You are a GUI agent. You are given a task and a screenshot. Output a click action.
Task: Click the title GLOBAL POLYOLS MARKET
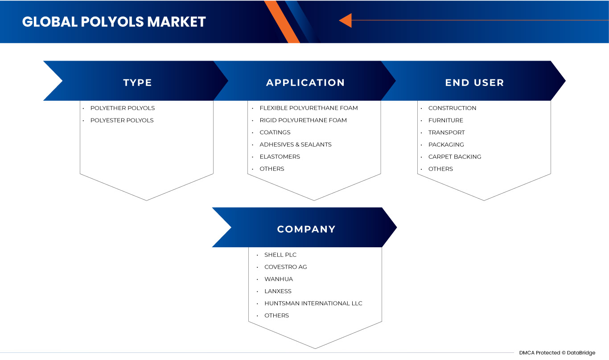click(114, 22)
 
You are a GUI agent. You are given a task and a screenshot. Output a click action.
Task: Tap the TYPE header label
click(138, 82)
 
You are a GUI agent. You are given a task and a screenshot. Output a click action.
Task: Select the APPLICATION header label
click(305, 82)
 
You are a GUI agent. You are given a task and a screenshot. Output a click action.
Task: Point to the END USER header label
click(474, 82)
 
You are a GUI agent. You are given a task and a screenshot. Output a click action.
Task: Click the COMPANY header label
click(306, 229)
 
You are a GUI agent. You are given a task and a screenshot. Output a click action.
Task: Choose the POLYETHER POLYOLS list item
click(123, 108)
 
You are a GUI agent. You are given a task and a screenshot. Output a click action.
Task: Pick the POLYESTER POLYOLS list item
click(122, 120)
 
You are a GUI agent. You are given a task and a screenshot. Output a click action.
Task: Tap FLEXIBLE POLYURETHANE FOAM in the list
click(309, 108)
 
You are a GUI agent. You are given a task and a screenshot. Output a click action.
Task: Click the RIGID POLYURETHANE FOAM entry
click(303, 120)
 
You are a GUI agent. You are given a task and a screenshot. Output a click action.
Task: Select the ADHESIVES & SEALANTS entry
click(296, 144)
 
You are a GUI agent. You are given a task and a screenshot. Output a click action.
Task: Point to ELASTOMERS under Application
click(280, 157)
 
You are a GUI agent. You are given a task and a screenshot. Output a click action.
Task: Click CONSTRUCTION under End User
click(452, 108)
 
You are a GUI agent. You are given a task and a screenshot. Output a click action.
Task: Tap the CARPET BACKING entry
click(455, 157)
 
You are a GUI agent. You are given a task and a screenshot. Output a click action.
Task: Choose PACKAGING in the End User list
click(446, 144)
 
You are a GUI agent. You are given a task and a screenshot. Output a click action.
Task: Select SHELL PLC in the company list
click(280, 255)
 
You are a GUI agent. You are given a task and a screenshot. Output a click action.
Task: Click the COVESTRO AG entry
click(286, 267)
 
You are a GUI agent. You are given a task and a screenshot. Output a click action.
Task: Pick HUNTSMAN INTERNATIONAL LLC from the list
click(313, 303)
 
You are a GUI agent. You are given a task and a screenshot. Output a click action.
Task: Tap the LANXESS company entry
click(278, 291)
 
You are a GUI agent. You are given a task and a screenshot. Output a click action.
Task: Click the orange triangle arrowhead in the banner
click(346, 20)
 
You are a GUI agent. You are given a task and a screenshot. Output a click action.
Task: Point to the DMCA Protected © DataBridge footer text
click(557, 353)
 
